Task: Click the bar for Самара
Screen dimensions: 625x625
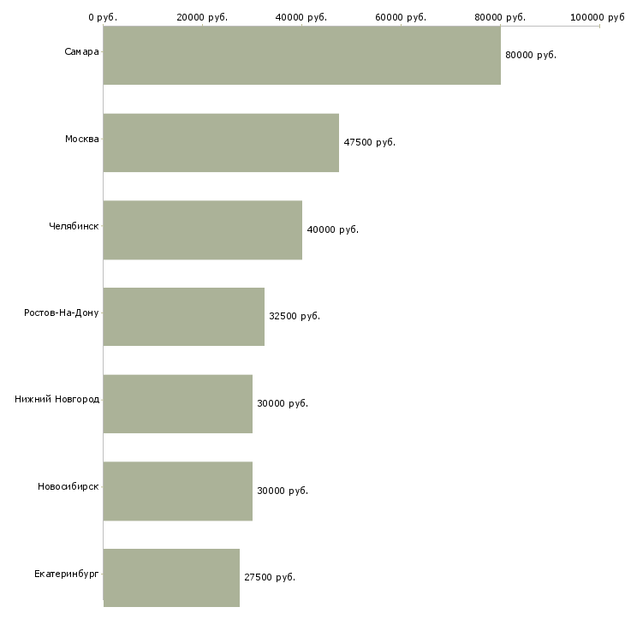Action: pos(301,55)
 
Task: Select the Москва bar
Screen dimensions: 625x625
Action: pos(221,142)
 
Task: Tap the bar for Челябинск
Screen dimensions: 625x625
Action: pos(202,229)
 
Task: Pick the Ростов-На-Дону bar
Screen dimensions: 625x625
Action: pos(183,316)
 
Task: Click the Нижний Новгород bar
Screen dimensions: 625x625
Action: pos(177,403)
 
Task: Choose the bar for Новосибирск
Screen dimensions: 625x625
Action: pos(177,491)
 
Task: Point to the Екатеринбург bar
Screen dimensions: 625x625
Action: pos(171,577)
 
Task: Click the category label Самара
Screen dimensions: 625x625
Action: pos(81,52)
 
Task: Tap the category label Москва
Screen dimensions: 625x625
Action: pos(82,140)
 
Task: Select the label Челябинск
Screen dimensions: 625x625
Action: pos(74,227)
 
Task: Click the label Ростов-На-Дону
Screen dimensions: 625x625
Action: pos(62,313)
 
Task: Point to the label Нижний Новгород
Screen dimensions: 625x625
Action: pos(57,400)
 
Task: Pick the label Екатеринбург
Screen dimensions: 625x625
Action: pos(67,574)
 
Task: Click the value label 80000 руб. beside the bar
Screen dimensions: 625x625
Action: pos(531,55)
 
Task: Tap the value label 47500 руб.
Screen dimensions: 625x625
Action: pos(369,142)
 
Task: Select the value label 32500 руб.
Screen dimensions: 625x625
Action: pos(295,316)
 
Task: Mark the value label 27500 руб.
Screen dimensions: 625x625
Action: pos(270,577)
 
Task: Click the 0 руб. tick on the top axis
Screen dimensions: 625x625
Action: pos(103,17)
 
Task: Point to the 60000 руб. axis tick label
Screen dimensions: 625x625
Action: pos(401,17)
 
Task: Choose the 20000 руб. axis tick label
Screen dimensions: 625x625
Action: pos(202,17)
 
